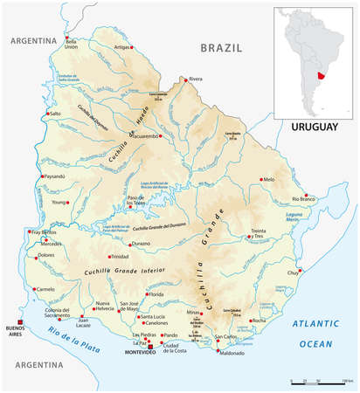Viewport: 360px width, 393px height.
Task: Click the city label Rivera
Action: pos(197,79)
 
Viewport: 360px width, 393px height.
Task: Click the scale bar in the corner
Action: pos(321,382)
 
